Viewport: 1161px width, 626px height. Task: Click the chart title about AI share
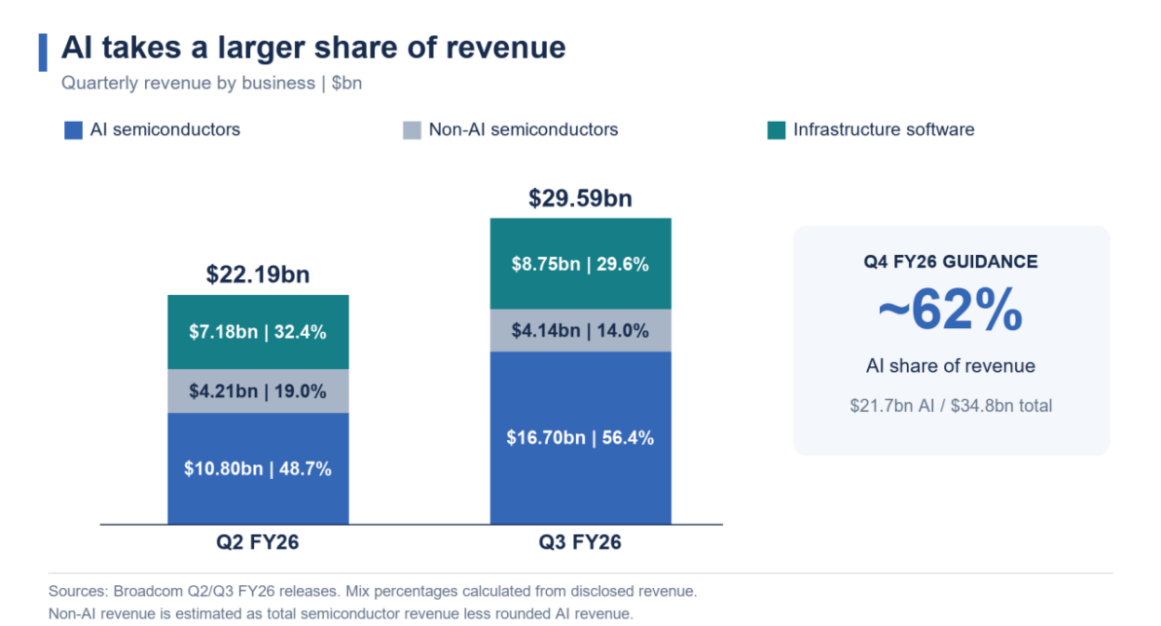[x=314, y=47]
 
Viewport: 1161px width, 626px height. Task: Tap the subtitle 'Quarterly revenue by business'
[x=188, y=83]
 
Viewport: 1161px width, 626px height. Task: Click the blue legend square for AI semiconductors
[x=73, y=130]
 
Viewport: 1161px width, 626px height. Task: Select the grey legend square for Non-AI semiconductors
[x=412, y=130]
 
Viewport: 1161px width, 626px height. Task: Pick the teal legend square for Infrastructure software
[x=777, y=130]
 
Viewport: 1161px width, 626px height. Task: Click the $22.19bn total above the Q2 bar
[x=258, y=274]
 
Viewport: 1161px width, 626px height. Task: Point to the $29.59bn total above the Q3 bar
[x=580, y=198]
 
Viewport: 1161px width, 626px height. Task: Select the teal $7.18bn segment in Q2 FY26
[x=258, y=332]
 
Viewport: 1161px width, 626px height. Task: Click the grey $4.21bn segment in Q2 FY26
[x=258, y=392]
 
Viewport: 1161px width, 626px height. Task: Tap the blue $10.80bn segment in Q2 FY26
[x=258, y=469]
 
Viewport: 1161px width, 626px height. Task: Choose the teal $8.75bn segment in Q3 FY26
[x=580, y=264]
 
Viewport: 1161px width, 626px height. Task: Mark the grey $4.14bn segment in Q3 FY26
[x=580, y=330]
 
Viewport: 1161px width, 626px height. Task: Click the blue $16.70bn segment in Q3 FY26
[x=580, y=438]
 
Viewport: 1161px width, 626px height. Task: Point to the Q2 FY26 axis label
[x=258, y=542]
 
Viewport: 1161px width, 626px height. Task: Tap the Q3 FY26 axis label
[x=580, y=542]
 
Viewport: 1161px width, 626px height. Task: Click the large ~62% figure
[x=951, y=310]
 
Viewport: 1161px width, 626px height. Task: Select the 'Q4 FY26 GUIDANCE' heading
[x=951, y=261]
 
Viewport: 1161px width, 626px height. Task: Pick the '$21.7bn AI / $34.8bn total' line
[x=951, y=406]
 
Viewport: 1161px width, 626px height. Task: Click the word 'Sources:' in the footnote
[x=78, y=592]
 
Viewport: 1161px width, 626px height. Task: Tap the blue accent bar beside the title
[x=43, y=52]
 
